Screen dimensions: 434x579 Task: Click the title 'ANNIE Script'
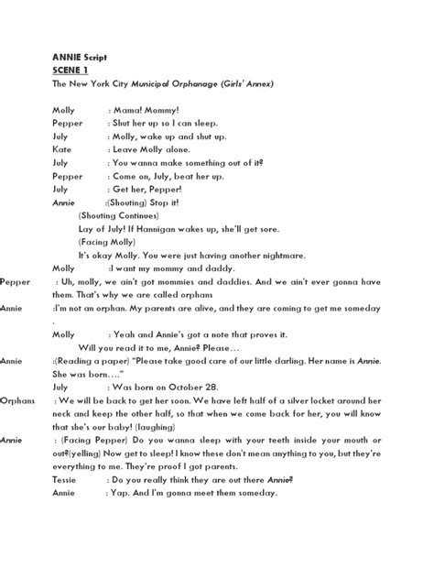point(80,57)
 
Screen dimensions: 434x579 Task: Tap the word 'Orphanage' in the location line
point(196,83)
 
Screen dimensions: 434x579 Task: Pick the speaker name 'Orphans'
point(17,401)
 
